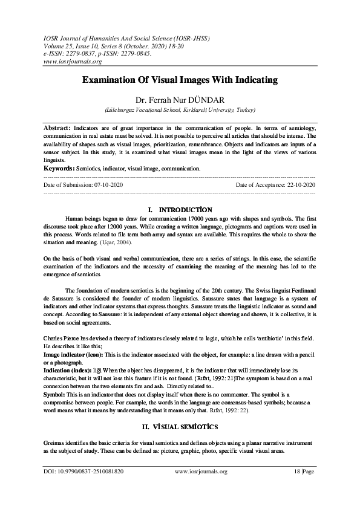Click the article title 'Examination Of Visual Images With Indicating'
[180, 80]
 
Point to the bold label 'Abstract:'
[57, 129]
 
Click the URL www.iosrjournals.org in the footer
[200, 488]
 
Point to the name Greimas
[56, 442]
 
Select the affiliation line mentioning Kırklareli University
[180, 111]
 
